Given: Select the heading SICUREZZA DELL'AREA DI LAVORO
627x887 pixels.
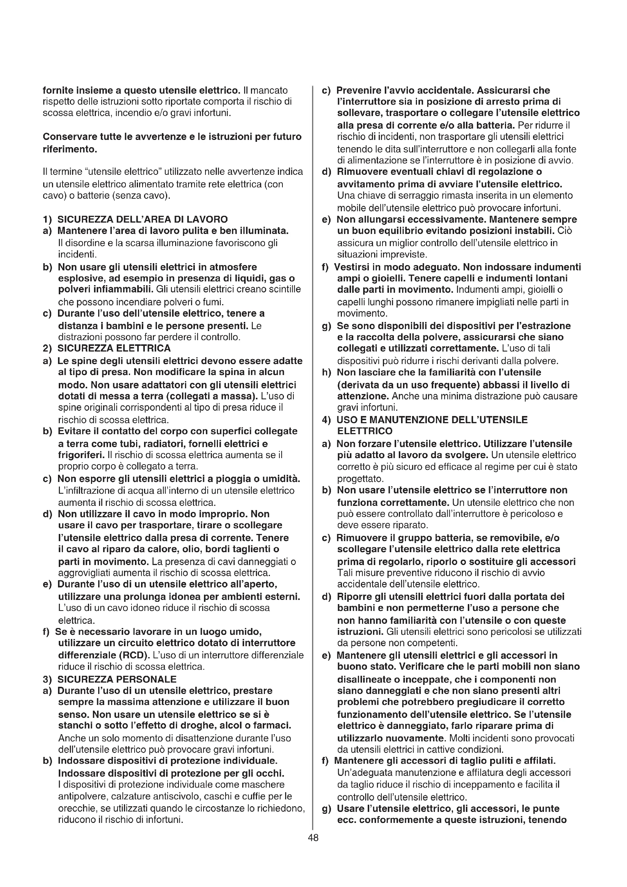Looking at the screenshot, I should click(x=143, y=220).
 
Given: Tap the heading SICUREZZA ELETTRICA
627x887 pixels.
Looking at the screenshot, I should click(x=114, y=348).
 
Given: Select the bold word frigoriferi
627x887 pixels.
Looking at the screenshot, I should click(x=82, y=455).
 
